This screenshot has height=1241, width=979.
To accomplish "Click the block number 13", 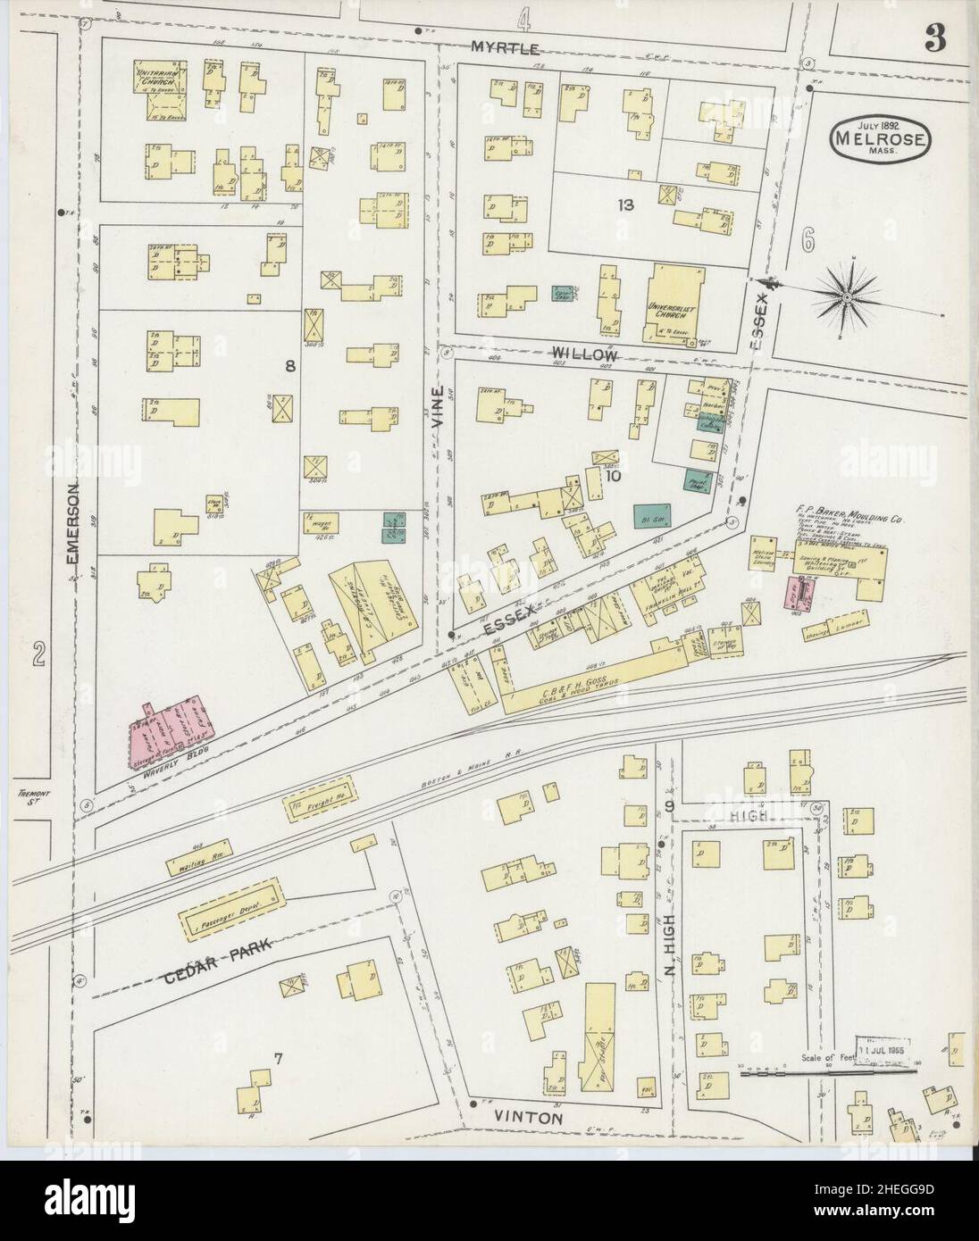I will point(624,204).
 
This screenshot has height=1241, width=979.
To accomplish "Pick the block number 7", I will point(279,1060).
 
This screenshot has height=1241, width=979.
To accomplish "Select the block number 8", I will point(289,365).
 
